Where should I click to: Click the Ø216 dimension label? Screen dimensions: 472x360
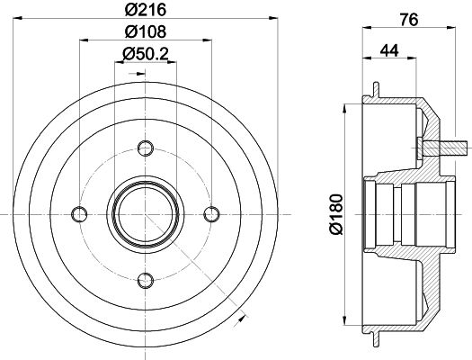[x=146, y=10]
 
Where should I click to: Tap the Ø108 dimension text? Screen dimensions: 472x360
[x=146, y=31]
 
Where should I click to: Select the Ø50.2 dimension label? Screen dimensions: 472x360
[x=146, y=54]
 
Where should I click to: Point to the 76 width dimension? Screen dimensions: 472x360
[x=409, y=20]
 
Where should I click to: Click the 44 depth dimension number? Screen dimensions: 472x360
[x=389, y=50]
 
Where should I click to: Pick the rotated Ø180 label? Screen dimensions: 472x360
[x=336, y=214]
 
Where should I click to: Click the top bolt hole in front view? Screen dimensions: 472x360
[x=146, y=148]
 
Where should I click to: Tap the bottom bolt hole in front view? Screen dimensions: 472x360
[x=146, y=281]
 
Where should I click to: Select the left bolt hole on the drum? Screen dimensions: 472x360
[x=79, y=214]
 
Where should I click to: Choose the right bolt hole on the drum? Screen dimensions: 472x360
[x=211, y=214]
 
